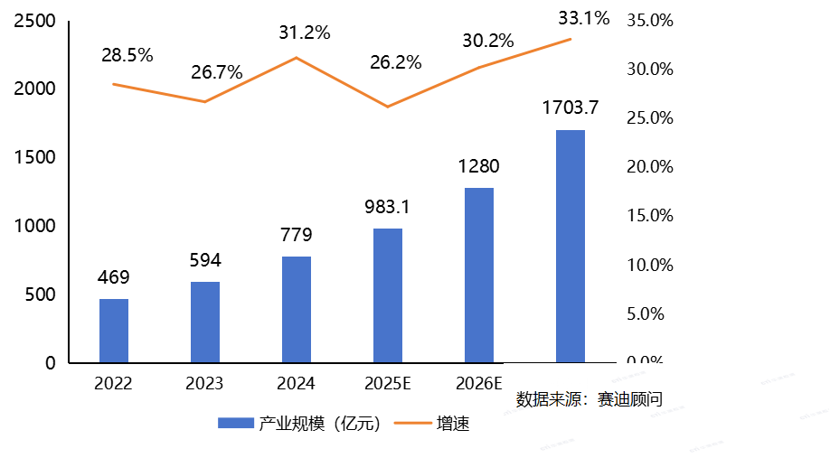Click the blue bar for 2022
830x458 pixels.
point(114,331)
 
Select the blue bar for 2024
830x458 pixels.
point(297,310)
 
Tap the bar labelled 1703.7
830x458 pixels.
point(571,246)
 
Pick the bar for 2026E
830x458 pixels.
point(479,275)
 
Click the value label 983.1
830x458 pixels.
point(388,207)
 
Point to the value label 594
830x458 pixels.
point(205,260)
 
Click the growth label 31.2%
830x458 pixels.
point(305,33)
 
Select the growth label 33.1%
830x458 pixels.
point(584,17)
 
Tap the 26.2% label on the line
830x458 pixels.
point(395,62)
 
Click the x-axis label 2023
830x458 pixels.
point(204,384)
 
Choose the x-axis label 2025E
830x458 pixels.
point(388,384)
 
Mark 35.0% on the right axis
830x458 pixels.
point(650,21)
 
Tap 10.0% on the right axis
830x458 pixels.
point(650,266)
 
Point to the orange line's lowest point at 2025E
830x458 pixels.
point(388,107)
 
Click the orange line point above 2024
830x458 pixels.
point(297,58)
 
